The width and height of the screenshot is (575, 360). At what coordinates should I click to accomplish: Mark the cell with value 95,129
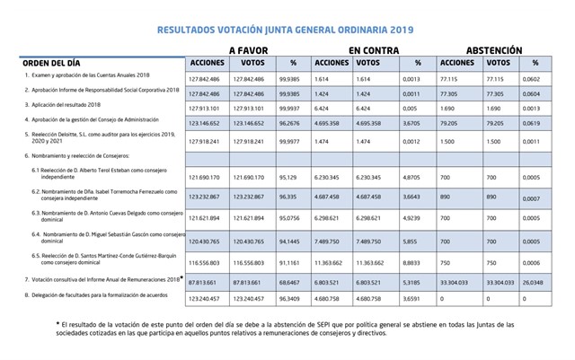click(x=290, y=179)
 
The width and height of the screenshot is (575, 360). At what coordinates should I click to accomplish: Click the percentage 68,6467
click(x=290, y=280)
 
